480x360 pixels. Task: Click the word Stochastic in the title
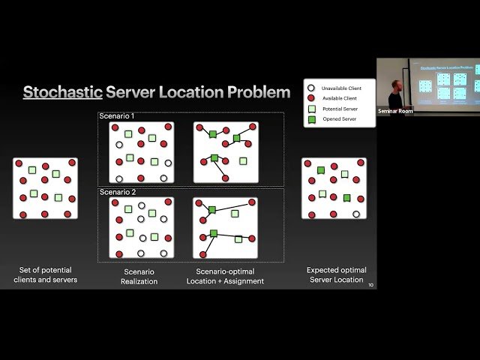coord(62,92)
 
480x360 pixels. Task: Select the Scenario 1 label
coord(117,116)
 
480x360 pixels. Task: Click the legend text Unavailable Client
coord(341,88)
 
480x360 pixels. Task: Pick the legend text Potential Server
coord(339,109)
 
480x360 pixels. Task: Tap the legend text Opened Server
coord(337,119)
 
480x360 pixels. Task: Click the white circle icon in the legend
coord(310,88)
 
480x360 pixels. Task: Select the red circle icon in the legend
coord(310,98)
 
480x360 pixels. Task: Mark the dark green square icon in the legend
coord(310,119)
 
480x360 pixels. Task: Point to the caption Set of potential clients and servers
coord(45,275)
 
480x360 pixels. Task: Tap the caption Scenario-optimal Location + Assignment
coord(225,276)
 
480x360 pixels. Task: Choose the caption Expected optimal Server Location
coord(335,275)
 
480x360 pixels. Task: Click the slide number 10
coord(370,284)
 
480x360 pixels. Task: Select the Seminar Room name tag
coord(394,110)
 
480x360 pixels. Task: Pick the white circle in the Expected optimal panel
coord(356,214)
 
